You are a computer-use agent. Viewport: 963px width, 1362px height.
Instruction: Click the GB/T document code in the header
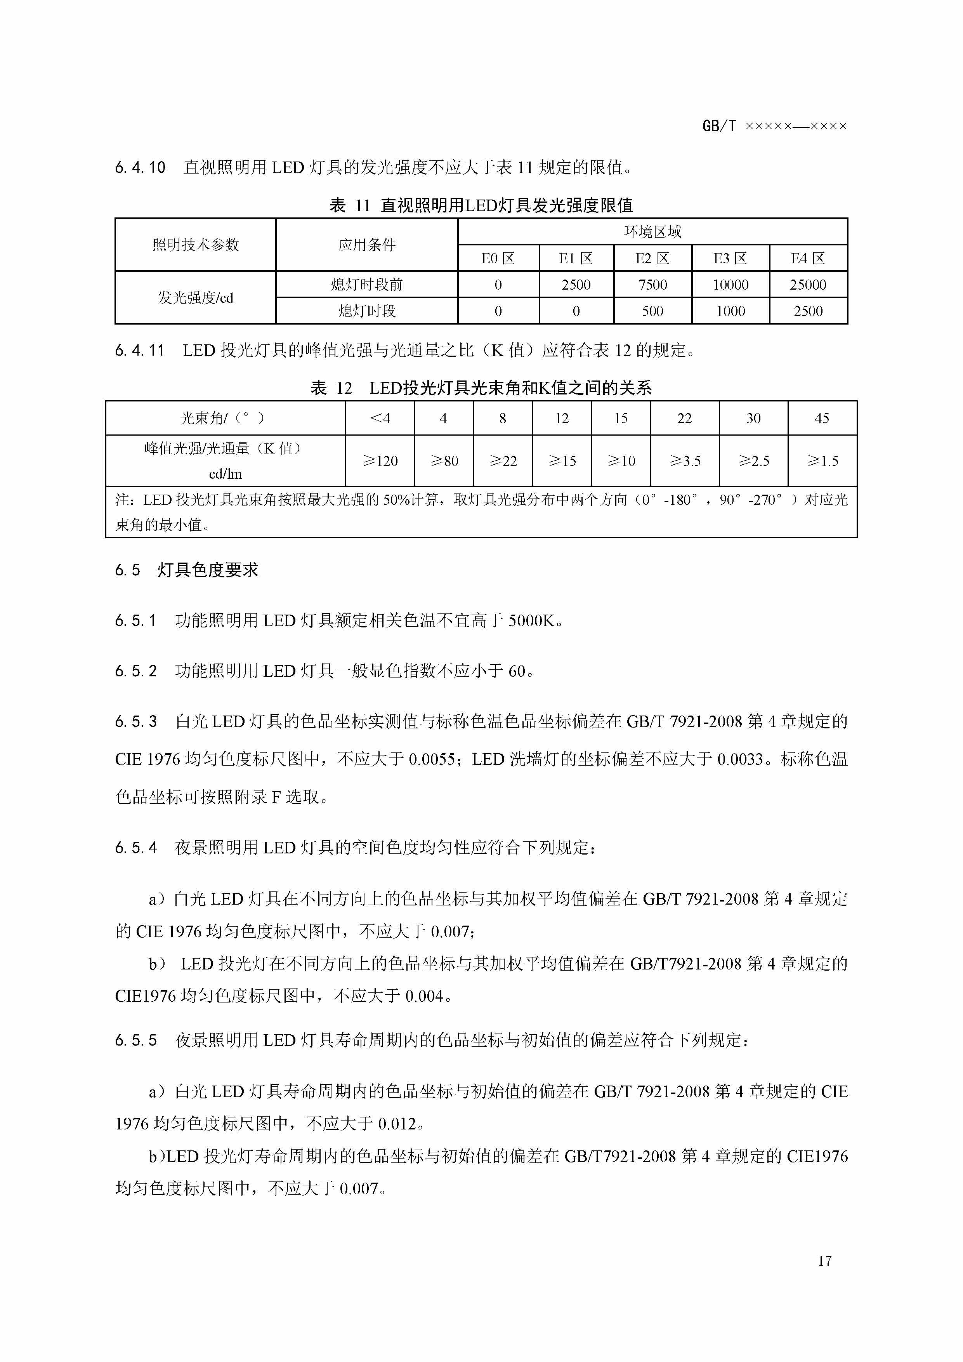pos(774,126)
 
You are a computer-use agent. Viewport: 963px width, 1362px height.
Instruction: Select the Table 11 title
pos(481,205)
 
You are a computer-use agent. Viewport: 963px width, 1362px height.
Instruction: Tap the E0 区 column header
pos(498,259)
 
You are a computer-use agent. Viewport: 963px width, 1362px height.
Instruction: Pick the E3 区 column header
pos(730,259)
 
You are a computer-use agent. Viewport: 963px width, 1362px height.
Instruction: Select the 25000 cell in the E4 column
pos(808,285)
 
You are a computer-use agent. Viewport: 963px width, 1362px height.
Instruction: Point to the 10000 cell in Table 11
pos(730,285)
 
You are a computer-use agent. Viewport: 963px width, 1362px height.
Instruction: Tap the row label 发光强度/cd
pos(195,298)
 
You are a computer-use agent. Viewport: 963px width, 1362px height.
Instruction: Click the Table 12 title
pos(481,388)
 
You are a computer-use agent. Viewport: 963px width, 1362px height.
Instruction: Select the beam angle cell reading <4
pos(380,418)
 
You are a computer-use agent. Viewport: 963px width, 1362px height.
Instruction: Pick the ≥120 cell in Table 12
pos(380,461)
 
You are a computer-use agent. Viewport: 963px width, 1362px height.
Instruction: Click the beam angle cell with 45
pos(821,418)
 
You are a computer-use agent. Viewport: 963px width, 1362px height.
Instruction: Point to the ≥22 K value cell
pos(502,461)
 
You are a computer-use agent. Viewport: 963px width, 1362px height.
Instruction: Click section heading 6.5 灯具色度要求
pos(187,570)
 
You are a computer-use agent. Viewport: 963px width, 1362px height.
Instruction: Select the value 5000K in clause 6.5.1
pos(532,621)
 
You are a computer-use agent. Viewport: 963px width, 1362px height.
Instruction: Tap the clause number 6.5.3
pos(136,722)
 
